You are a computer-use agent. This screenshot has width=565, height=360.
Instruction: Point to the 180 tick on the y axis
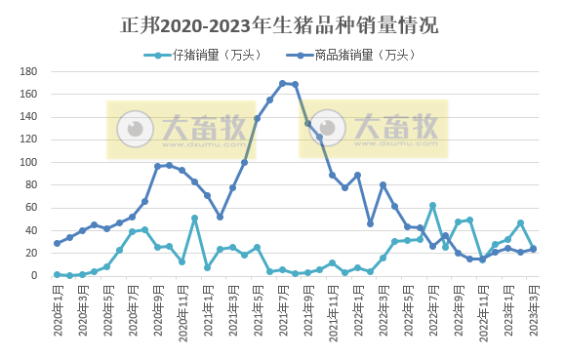[28, 72]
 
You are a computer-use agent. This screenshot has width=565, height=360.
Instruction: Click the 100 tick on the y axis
[28, 163]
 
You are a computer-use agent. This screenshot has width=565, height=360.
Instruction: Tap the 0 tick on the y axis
[34, 276]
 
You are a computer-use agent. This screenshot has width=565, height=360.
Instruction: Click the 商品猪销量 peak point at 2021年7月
[283, 84]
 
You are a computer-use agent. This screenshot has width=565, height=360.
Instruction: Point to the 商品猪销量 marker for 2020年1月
[57, 243]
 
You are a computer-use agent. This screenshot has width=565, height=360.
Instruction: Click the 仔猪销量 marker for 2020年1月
[57, 274]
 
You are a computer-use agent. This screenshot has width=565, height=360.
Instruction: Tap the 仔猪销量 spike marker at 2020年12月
[195, 219]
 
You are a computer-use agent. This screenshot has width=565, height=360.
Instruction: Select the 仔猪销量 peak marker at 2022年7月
[432, 206]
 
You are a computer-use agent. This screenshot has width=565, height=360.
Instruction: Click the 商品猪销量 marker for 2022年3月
[383, 184]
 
